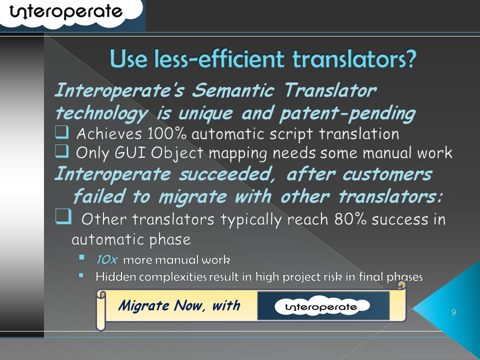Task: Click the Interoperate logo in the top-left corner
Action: click(66, 12)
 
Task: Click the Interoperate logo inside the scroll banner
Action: click(322, 306)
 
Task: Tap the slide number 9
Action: click(453, 312)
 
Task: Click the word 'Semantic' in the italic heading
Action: click(233, 90)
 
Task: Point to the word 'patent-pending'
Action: click(347, 114)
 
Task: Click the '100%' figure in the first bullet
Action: click(166, 133)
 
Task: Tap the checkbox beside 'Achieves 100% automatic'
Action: click(61, 132)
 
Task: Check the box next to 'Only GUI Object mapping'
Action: click(61, 151)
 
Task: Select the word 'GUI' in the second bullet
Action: click(130, 152)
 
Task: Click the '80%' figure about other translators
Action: click(350, 218)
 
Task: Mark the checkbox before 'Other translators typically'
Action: click(63, 216)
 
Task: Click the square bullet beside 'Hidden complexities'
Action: click(81, 275)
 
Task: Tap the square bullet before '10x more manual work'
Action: click(81, 257)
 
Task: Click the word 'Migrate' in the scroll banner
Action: click(144, 305)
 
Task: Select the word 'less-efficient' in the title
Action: click(219, 58)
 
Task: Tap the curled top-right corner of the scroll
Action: click(401, 285)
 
